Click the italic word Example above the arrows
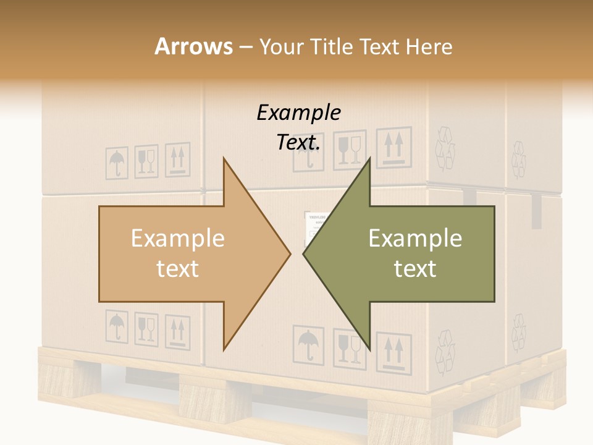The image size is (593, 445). coord(298,113)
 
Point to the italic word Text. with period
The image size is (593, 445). coord(298,143)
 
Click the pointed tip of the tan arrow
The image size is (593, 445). coord(289,253)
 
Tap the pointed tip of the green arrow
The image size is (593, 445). coord(305,253)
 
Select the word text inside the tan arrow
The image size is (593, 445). coord(177,269)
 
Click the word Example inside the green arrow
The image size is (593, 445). coord(415,239)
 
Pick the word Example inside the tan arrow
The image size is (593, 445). coord(177,239)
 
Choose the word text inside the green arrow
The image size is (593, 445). coord(415,269)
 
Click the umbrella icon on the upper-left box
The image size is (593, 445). coord(116,163)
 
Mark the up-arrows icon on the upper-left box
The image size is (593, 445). coord(179,159)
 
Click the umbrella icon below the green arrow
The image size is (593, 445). coord(307,345)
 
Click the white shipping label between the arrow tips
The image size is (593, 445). coord(314,226)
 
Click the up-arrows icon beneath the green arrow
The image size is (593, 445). coord(393,352)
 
